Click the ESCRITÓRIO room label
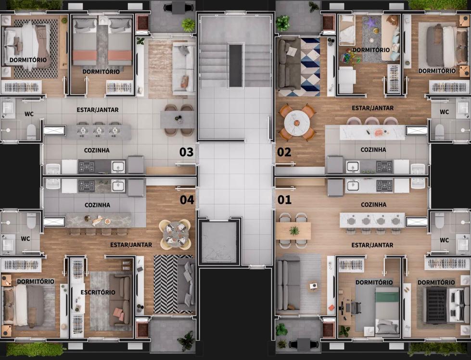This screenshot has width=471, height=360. click(x=98, y=292)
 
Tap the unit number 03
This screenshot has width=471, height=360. click(x=186, y=152)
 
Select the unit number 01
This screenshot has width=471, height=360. click(x=284, y=200)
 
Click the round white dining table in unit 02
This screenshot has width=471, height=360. click(x=297, y=123)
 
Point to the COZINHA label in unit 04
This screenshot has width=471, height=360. click(x=97, y=205)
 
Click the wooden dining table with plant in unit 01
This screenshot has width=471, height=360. click(x=293, y=231)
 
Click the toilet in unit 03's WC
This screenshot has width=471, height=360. click(x=31, y=132)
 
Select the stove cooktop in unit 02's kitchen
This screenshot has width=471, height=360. click(x=384, y=167)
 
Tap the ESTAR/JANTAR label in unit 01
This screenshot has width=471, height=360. click(x=372, y=246)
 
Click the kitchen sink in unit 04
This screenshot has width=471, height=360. click(x=118, y=186)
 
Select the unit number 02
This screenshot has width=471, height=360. click(x=284, y=152)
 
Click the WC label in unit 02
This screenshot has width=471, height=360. click(x=444, y=112)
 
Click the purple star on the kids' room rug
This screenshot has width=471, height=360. click(x=370, y=22)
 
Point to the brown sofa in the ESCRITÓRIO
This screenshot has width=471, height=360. click(x=120, y=300)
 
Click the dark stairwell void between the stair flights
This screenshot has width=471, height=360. click(x=236, y=65)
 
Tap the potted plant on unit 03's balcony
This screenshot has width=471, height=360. click(x=188, y=25)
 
